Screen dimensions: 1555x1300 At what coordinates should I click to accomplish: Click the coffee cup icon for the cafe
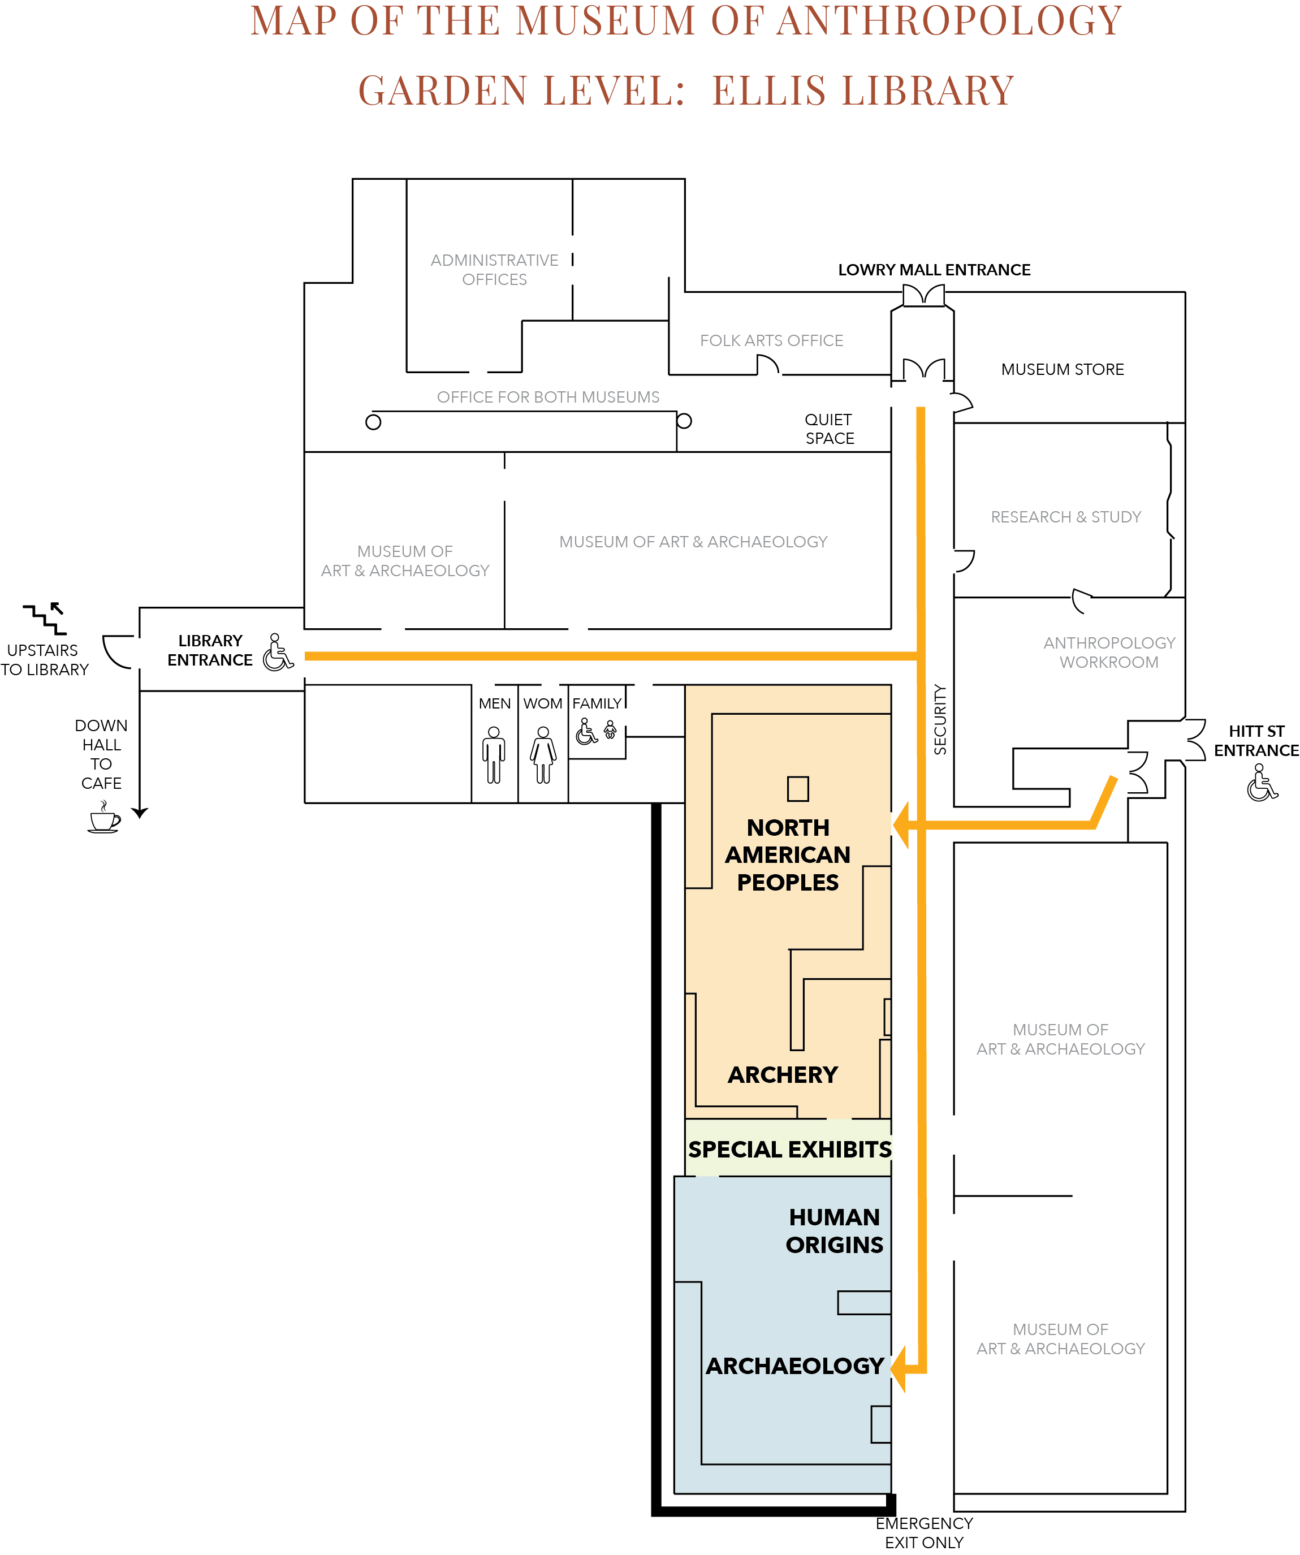tap(103, 818)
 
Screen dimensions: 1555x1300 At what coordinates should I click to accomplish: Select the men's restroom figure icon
tap(494, 754)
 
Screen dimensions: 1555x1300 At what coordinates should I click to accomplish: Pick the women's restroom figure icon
tap(543, 754)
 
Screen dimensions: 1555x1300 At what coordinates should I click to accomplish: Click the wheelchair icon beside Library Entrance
tap(278, 653)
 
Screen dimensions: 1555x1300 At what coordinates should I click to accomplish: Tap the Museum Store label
tap(1063, 369)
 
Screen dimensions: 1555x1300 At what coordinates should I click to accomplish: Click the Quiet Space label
tap(829, 429)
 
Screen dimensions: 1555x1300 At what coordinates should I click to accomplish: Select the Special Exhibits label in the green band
tap(789, 1149)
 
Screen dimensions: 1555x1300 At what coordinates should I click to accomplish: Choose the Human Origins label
tap(834, 1230)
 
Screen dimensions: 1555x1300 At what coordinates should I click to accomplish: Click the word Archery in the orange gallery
tap(783, 1074)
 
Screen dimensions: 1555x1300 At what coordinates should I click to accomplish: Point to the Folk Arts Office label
tap(771, 340)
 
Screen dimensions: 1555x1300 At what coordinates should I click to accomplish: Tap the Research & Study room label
tap(1066, 517)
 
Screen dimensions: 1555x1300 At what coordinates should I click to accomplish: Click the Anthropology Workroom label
tap(1109, 653)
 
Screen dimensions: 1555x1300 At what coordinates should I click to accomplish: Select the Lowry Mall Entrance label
tap(934, 270)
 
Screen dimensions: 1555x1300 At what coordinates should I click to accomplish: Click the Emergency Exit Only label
tap(924, 1533)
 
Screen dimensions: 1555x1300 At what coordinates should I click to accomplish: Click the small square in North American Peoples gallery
tap(798, 789)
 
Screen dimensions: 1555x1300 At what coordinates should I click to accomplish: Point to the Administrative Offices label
tap(495, 270)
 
